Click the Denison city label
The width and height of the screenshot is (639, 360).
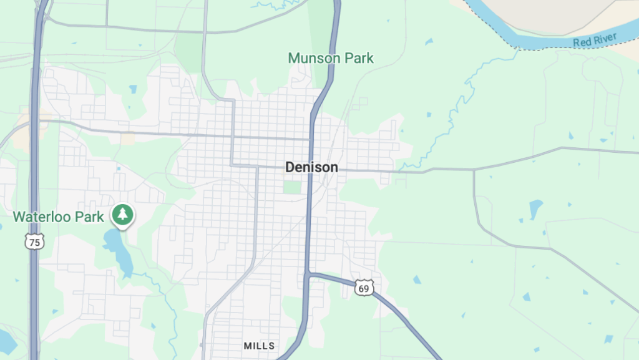coord(311,167)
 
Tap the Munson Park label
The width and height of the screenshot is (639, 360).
coord(331,59)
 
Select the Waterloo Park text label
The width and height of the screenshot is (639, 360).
coord(58,217)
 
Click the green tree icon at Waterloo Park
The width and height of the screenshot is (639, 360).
coord(123,215)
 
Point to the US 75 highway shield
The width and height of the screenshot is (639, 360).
coord(35,241)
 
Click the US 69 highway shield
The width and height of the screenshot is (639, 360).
coord(364,288)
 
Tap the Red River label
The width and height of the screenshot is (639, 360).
coord(595,41)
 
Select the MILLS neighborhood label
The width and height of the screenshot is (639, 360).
coord(259,345)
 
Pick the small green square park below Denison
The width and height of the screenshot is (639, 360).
coord(291,187)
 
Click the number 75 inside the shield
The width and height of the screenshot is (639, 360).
coord(35,243)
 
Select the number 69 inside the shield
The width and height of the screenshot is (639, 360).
coord(364,289)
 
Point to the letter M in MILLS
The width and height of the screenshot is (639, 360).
coord(247,345)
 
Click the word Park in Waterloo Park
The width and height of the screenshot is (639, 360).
coord(89,217)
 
